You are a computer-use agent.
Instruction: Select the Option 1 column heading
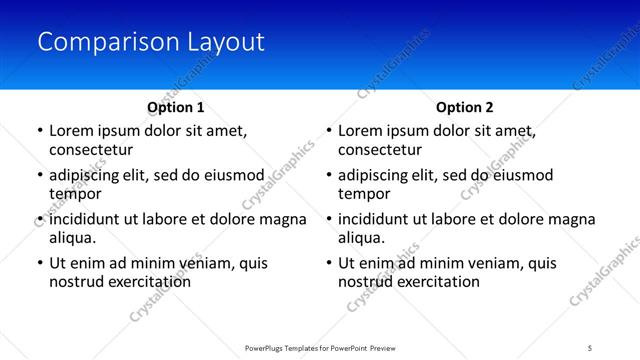[x=175, y=107]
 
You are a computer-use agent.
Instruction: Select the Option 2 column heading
[x=465, y=107]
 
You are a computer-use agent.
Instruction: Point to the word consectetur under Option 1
[x=91, y=150]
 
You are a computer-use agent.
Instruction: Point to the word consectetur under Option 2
[x=381, y=150]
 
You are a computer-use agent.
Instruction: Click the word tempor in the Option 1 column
[x=73, y=194]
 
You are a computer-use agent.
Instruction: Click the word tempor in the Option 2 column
[x=363, y=194]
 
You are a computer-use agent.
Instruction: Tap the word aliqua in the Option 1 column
[x=71, y=238]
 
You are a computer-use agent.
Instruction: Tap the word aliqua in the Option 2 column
[x=361, y=238]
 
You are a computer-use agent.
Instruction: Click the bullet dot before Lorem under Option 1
[x=39, y=131]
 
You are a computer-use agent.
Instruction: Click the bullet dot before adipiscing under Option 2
[x=329, y=175]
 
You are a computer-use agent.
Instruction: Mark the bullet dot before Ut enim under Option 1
[x=39, y=263]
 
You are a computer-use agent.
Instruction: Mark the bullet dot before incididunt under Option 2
[x=329, y=219]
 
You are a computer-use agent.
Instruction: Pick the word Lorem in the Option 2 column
[x=362, y=131]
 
